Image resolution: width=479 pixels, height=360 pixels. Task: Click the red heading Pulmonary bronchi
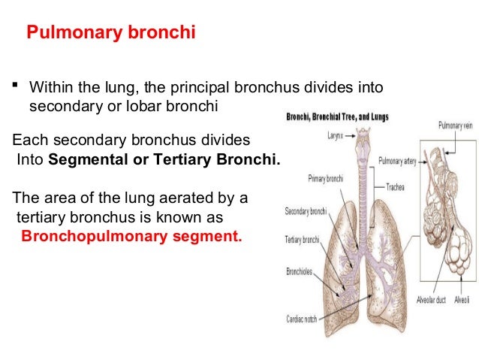point(111,35)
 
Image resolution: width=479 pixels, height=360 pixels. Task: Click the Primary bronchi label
point(326,179)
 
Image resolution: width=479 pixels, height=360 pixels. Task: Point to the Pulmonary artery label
point(399,161)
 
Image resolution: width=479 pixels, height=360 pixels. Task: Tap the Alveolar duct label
point(432,300)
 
